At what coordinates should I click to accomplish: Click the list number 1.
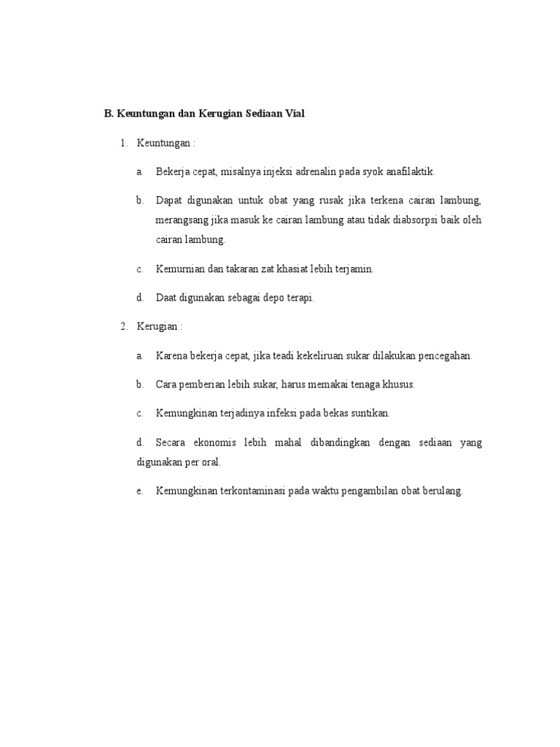click(x=123, y=143)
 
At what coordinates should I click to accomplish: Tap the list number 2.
click(x=123, y=327)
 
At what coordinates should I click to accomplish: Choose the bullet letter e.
click(x=139, y=491)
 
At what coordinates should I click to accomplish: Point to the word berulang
click(x=440, y=491)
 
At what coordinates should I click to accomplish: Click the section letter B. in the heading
click(x=109, y=115)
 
